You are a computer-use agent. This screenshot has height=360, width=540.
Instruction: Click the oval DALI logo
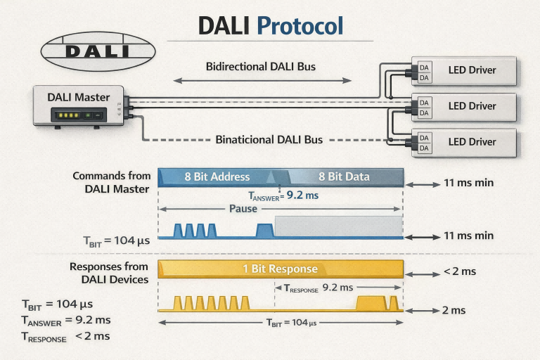click(97, 50)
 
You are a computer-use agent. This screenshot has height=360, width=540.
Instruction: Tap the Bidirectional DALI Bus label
click(260, 67)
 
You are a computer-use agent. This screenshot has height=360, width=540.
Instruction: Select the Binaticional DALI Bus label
click(269, 139)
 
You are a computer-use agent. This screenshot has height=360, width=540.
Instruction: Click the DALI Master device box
click(79, 106)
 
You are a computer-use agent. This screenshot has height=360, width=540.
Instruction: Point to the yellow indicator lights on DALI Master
click(69, 115)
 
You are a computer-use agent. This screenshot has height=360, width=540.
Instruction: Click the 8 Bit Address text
click(217, 176)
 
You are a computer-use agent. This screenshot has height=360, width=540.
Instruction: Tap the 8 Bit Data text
click(344, 176)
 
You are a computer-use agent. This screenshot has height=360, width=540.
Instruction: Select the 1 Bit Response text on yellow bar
click(280, 269)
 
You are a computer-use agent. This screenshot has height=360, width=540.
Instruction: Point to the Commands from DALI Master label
click(110, 181)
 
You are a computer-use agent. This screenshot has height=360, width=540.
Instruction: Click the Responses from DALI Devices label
click(109, 273)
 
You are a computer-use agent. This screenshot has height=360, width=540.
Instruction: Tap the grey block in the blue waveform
click(338, 226)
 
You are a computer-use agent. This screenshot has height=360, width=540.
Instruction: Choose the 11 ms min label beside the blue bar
click(468, 183)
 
